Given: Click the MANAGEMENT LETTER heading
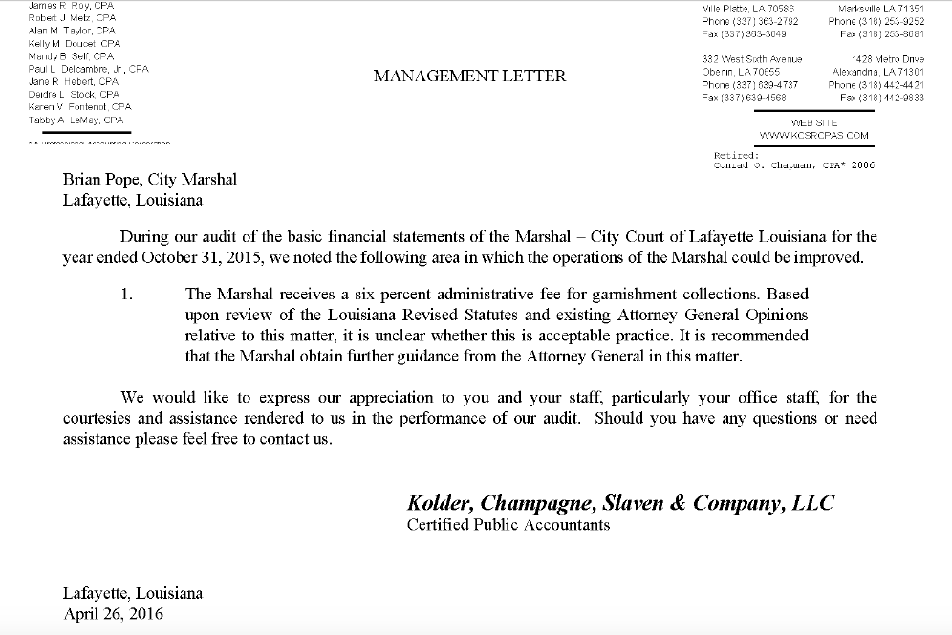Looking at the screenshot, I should coord(469,76).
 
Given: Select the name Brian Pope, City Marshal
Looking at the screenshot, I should coord(150,179).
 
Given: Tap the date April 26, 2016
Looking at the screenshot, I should coord(113,613).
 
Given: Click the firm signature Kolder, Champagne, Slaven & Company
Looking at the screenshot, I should coord(620,503).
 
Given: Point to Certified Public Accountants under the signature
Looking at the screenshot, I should coord(508,524).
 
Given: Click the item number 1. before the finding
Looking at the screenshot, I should coord(127,294).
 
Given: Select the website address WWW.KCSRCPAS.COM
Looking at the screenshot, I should coord(813,136).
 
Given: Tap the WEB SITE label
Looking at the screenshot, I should coord(813,123).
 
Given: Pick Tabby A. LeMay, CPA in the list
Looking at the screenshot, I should coord(76,120).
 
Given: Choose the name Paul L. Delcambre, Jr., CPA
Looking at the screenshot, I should coord(88,69).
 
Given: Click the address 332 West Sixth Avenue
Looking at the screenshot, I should coord(751,59).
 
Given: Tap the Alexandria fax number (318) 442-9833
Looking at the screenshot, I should coord(881,98).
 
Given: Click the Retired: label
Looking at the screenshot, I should coord(736,154).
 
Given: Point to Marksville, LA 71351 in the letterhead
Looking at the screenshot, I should coord(879,8).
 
